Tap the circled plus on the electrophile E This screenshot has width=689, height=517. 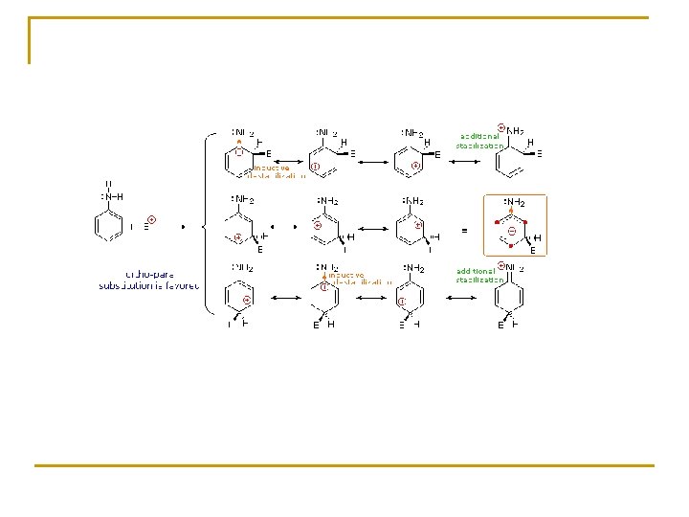(152, 220)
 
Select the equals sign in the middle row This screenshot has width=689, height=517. (464, 231)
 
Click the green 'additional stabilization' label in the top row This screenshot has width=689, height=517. (478, 141)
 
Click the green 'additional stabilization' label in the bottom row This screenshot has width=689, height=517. (478, 276)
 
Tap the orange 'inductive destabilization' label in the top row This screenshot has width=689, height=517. (277, 171)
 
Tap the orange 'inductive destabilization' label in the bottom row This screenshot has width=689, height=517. (359, 279)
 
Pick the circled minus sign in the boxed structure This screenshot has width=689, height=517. (513, 231)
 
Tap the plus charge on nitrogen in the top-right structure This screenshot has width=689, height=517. (501, 128)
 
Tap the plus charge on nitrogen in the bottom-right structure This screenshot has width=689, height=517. (501, 264)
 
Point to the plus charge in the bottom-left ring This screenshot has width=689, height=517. (246, 301)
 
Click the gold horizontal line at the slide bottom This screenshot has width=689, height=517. (344, 465)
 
